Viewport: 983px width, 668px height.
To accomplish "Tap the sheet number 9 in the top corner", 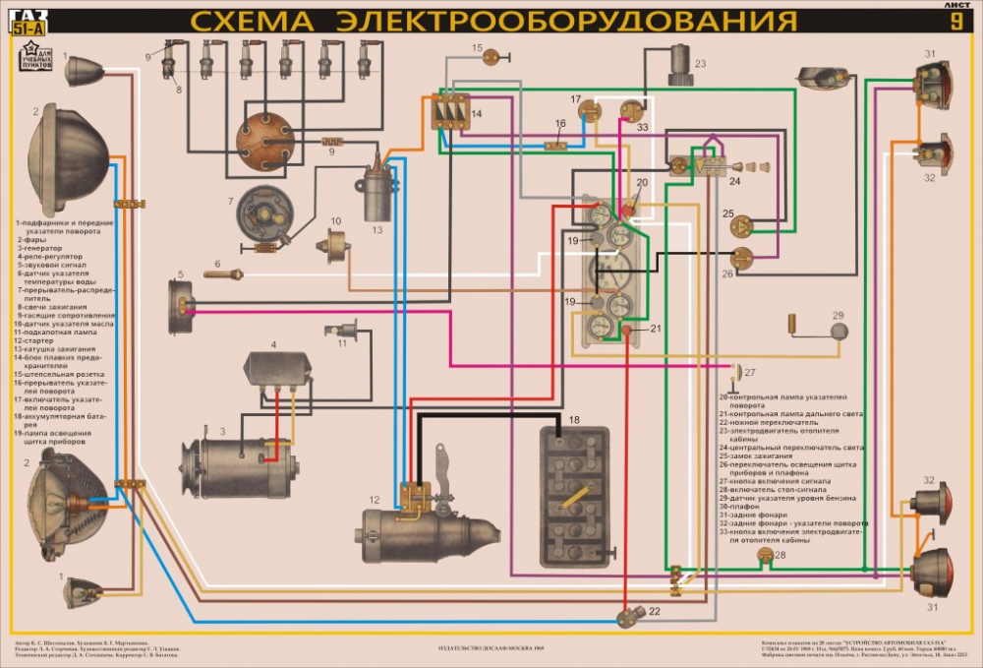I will (x=955, y=25).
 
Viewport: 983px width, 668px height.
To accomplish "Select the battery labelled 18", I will (x=572, y=496).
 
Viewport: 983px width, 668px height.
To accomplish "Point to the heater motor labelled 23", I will (x=676, y=74).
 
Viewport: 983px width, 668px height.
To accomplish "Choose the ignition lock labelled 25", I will (x=739, y=226).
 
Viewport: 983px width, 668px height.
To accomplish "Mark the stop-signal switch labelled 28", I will (x=765, y=557).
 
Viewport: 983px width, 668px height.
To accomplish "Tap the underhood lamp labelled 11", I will (x=347, y=332).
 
